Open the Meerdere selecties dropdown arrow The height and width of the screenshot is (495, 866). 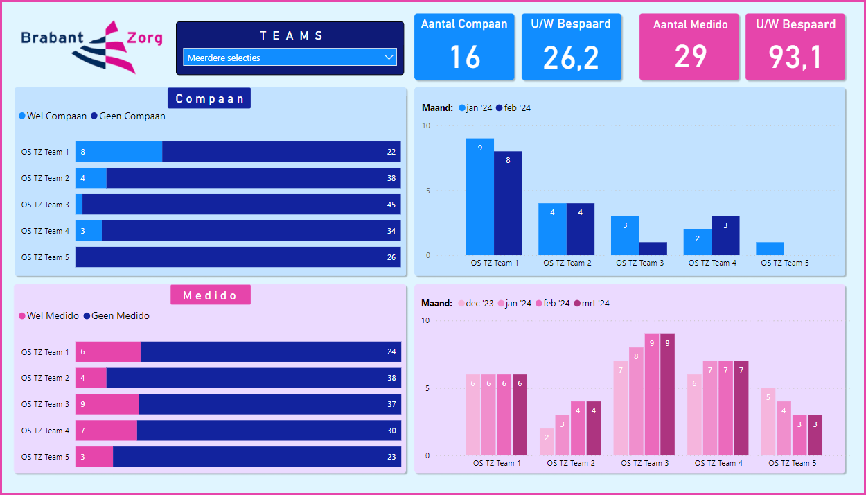coord(389,58)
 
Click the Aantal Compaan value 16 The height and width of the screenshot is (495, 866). coord(464,57)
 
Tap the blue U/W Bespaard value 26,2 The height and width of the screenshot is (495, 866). coord(571,58)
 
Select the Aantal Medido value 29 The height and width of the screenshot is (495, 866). coord(690,57)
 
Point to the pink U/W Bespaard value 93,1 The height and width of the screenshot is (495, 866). coord(795,58)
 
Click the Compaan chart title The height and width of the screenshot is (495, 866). coord(209,98)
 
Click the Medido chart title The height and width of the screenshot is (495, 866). coord(210,295)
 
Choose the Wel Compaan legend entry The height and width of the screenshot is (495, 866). coord(53,116)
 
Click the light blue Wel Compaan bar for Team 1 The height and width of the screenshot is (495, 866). coord(118,152)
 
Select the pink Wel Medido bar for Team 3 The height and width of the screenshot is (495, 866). coord(107,404)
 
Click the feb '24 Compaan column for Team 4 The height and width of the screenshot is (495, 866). coord(725,236)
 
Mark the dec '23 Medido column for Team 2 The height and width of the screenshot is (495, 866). coord(547,442)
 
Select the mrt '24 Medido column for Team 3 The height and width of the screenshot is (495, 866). coord(667,394)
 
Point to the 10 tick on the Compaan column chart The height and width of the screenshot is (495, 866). coord(426,126)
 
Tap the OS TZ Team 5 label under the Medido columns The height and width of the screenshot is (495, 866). coord(790,463)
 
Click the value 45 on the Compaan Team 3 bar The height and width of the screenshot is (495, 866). coord(391,205)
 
